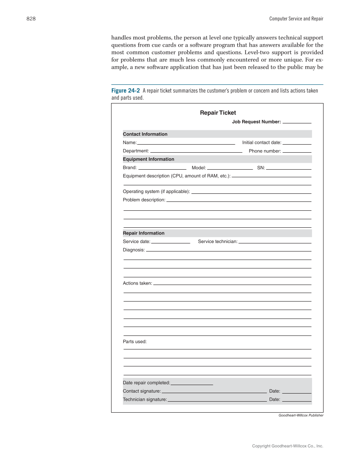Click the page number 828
[x=31, y=19]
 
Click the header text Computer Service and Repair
[x=296, y=19]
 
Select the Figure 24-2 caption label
[x=126, y=91]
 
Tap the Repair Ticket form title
[x=218, y=113]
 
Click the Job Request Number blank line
[x=297, y=122]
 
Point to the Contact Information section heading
[x=145, y=134]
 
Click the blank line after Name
[x=186, y=143]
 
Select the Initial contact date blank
[x=297, y=143]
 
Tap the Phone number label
[x=265, y=151]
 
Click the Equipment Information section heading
[x=148, y=159]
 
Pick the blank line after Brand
[x=162, y=168]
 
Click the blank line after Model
[x=230, y=168]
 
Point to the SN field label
[x=261, y=168]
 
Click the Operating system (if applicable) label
[x=156, y=192]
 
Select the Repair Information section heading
[x=143, y=233]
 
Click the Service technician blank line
[x=275, y=242]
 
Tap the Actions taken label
[x=137, y=283]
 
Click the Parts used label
[x=134, y=341]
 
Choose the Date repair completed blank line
[x=192, y=383]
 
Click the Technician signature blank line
[x=217, y=400]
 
